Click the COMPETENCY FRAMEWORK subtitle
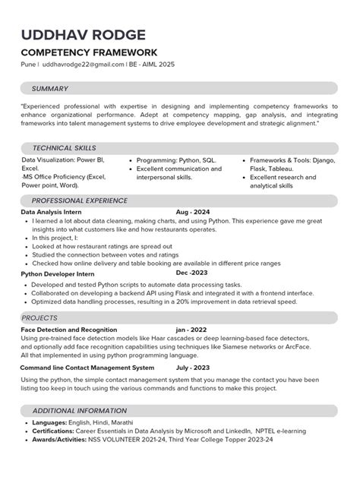[89, 52]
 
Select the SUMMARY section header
[50, 88]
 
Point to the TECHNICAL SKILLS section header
[64, 148]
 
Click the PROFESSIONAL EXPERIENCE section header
[79, 201]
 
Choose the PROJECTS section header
[39, 317]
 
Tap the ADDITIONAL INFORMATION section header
[80, 410]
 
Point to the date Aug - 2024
[193, 212]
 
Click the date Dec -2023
[192, 273]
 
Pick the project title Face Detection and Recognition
[69, 330]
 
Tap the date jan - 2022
[191, 330]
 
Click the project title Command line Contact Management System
[87, 368]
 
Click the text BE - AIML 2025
[151, 65]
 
